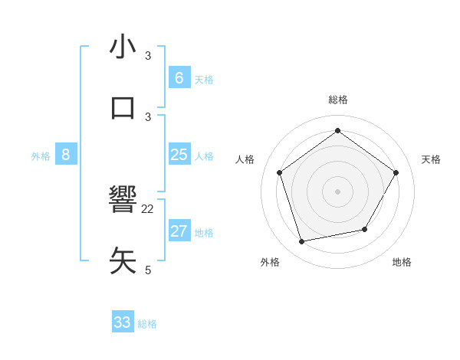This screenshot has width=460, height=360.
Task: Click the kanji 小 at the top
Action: (123, 47)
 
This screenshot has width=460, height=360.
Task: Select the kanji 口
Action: (123, 108)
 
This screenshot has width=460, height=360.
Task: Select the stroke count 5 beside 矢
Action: (148, 270)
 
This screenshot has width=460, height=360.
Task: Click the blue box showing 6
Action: (179, 77)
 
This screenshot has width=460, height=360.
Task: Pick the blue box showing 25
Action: (179, 155)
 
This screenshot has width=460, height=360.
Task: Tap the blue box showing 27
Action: (179, 231)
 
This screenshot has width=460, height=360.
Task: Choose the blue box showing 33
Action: (123, 322)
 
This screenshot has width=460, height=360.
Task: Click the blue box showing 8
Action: (66, 155)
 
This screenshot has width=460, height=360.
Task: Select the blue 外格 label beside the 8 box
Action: (41, 155)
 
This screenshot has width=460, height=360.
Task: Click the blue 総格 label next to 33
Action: (147, 324)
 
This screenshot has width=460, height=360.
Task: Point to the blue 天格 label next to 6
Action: (204, 79)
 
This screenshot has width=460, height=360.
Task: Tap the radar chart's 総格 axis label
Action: (338, 100)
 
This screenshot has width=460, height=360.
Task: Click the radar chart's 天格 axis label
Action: (431, 159)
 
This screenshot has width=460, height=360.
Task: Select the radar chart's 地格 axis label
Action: (402, 262)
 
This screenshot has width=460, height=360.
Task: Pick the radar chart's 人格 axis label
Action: (245, 159)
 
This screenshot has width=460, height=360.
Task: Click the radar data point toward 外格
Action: (302, 242)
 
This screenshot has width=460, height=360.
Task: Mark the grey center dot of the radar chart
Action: (338, 191)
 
